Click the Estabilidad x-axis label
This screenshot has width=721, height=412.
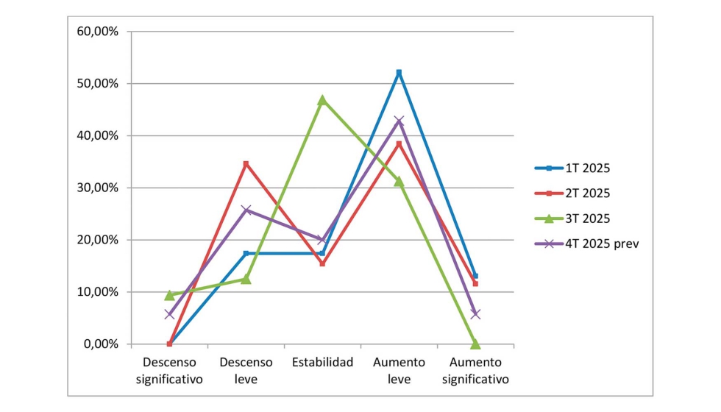pos(322,362)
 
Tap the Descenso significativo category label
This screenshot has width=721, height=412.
pos(169,371)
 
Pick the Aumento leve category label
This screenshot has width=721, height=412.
pos(399,371)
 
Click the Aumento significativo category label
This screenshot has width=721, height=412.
pos(475,371)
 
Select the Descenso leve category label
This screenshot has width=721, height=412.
pos(246,371)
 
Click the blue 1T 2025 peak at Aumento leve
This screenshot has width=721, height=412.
pos(399,73)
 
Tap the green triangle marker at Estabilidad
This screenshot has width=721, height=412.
pos(322,100)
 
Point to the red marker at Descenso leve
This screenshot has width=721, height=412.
pos(246,164)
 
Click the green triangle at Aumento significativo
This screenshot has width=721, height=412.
pos(475,344)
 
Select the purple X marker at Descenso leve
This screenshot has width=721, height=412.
pos(246,210)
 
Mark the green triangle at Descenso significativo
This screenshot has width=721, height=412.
pos(169,295)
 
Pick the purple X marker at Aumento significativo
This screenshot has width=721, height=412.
pos(475,313)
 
